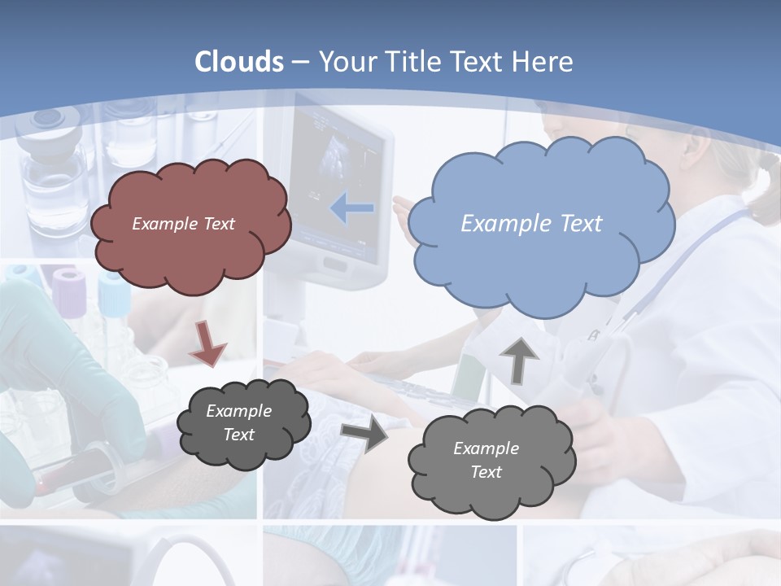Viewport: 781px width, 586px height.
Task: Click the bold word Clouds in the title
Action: pos(239,62)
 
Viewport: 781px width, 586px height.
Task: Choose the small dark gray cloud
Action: pos(242,422)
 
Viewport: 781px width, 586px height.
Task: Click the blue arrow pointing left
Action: pos(352,208)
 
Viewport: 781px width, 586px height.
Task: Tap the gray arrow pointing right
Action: pos(364,434)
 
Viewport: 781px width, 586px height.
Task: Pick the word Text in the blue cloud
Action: pos(581,223)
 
